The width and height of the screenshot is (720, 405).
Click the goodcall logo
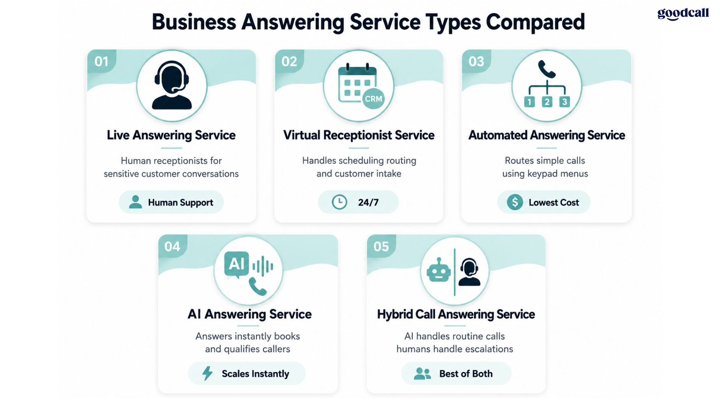click(683, 14)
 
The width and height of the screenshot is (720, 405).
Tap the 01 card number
click(102, 61)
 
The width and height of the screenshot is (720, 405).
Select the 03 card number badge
click(476, 61)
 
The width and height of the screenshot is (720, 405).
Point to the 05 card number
click(381, 246)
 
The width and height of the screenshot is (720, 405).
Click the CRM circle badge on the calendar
click(373, 99)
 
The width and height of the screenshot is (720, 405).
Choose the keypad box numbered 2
click(547, 102)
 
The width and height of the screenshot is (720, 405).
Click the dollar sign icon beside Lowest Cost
click(515, 202)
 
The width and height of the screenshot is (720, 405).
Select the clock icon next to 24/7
click(339, 202)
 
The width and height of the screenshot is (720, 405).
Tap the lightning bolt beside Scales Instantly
click(207, 373)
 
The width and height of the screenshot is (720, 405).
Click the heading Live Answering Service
click(171, 135)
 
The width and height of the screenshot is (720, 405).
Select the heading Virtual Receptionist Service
click(359, 135)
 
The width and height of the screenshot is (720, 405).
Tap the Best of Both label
click(466, 373)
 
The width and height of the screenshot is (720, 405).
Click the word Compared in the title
click(535, 22)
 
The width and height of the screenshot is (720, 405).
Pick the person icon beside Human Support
click(135, 202)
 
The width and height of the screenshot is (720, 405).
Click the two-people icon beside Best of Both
click(422, 373)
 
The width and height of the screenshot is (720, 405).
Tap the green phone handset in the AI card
click(258, 286)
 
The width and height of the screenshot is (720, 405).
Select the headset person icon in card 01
click(172, 85)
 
